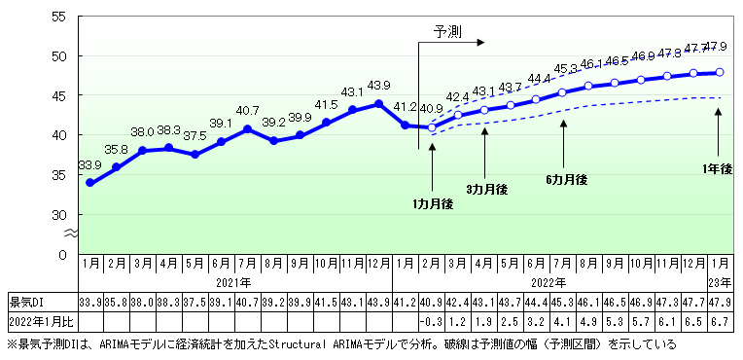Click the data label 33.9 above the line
[x=89, y=165]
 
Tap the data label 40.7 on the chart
[x=247, y=111]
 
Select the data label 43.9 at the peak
[x=378, y=86]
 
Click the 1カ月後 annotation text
[x=433, y=203]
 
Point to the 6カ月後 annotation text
[x=566, y=179]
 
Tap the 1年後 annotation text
[x=718, y=167]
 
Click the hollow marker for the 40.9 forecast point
[x=432, y=127]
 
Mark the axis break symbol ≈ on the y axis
[x=70, y=234]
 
